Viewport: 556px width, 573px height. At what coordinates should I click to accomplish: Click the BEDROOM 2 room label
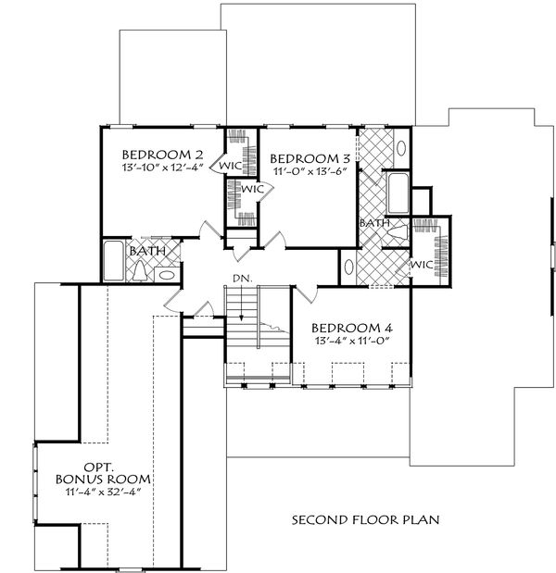(162, 155)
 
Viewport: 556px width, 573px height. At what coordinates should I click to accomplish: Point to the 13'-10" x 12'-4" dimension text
(162, 168)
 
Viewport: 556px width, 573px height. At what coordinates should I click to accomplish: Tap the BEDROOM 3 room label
(310, 158)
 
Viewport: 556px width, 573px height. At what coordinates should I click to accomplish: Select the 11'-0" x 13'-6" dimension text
(310, 171)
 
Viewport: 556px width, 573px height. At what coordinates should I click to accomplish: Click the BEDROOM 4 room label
(352, 328)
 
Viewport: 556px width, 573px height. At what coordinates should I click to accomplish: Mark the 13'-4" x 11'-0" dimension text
(351, 341)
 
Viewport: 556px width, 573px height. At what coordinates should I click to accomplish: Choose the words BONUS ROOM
(103, 480)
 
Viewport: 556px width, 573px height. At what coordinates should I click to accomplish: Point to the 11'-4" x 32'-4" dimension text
(103, 492)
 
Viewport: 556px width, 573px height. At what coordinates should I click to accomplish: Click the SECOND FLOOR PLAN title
(365, 519)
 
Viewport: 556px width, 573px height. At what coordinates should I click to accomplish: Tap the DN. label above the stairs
(243, 279)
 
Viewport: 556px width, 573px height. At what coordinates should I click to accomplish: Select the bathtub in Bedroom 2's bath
(113, 260)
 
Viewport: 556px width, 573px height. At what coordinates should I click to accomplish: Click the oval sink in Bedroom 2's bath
(167, 275)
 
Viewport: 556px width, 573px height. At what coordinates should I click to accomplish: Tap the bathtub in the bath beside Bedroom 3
(398, 193)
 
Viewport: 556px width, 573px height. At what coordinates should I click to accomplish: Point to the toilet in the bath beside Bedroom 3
(398, 232)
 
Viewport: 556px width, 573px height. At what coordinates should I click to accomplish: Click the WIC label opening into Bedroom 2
(231, 165)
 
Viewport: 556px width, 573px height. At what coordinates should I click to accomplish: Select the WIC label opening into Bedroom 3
(252, 189)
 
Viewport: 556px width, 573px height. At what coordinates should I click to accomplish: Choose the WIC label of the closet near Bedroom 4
(422, 264)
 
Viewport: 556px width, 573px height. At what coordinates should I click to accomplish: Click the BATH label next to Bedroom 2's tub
(147, 251)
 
